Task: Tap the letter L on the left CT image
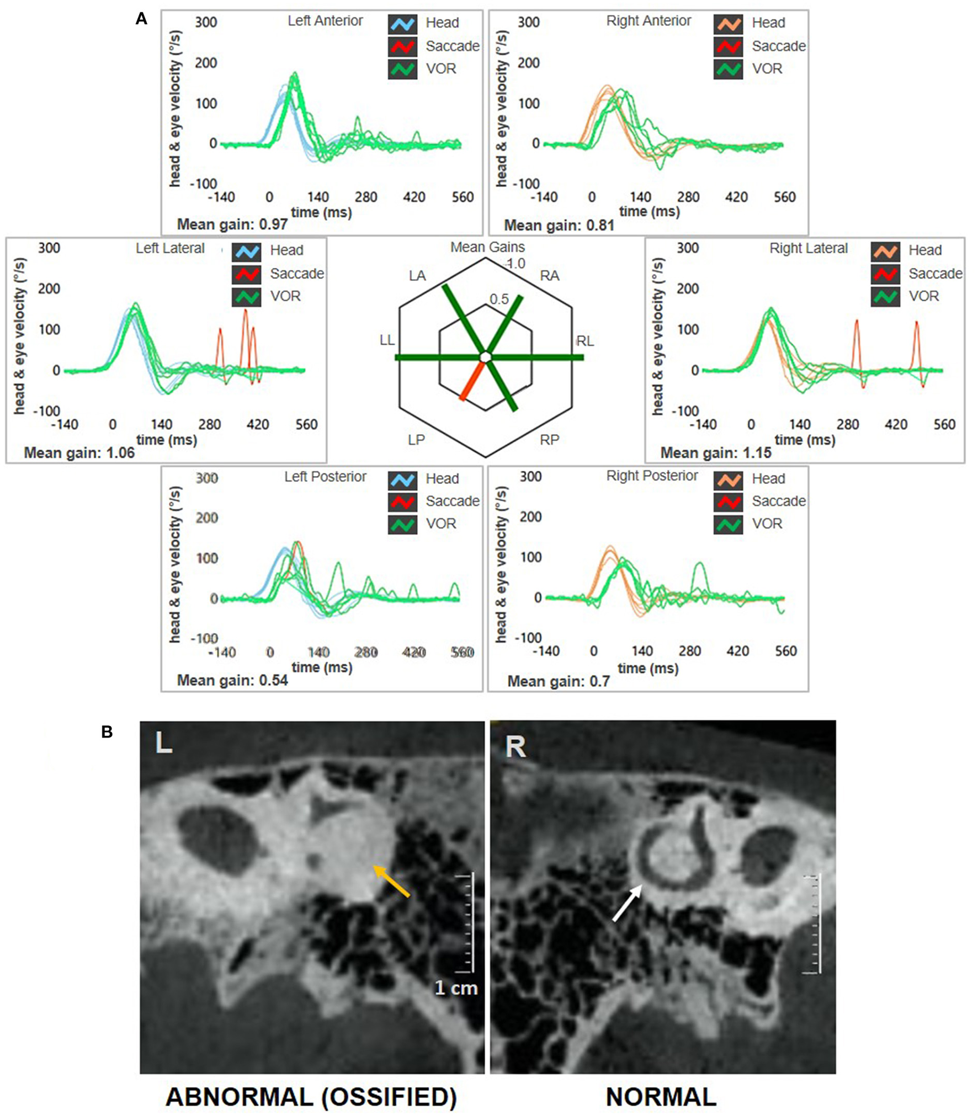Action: click(x=163, y=743)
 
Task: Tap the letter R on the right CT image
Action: click(x=515, y=747)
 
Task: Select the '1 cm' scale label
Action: click(x=456, y=987)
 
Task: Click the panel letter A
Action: click(x=141, y=19)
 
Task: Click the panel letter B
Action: click(x=107, y=732)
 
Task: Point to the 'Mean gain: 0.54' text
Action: click(x=232, y=680)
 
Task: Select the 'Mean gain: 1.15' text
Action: click(x=716, y=453)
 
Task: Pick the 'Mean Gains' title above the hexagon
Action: click(x=487, y=247)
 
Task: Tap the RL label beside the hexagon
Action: click(x=585, y=341)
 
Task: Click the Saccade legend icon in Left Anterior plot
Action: click(x=402, y=46)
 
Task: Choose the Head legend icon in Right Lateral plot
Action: click(x=885, y=250)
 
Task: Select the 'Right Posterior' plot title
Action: click(x=652, y=476)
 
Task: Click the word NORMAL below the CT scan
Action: click(x=661, y=1097)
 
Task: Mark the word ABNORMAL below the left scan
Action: click(x=240, y=1097)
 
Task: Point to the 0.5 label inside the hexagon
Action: click(x=499, y=299)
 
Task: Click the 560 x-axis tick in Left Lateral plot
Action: click(x=306, y=424)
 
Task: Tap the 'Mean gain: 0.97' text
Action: click(x=232, y=225)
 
